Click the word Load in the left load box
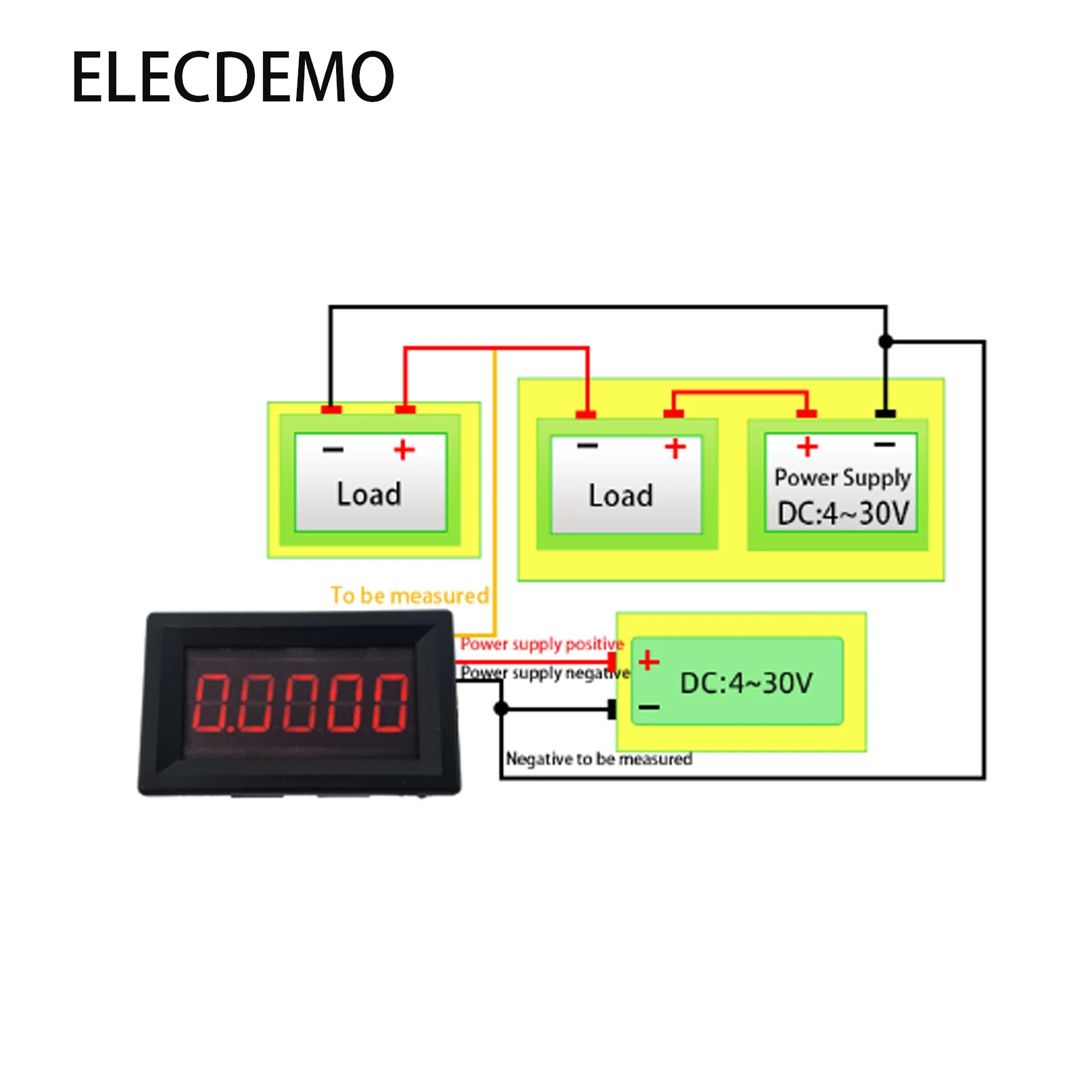pyautogui.click(x=369, y=494)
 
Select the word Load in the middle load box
pyautogui.click(x=621, y=496)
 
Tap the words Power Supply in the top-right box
pyautogui.click(x=842, y=477)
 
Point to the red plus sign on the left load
pyautogui.click(x=404, y=450)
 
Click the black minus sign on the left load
pyautogui.click(x=333, y=450)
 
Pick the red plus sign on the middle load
pyautogui.click(x=675, y=448)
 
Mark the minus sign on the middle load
pyautogui.click(x=587, y=446)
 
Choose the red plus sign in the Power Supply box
pyautogui.click(x=807, y=446)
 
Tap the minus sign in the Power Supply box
pyautogui.click(x=885, y=444)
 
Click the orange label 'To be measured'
pyautogui.click(x=409, y=595)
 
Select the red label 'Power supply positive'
pyautogui.click(x=542, y=644)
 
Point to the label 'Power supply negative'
pyautogui.click(x=545, y=673)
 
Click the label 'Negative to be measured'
pyautogui.click(x=598, y=759)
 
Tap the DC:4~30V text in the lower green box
pyautogui.click(x=746, y=683)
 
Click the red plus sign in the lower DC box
pyautogui.click(x=649, y=660)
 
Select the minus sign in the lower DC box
pyautogui.click(x=649, y=707)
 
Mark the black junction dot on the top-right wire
pyautogui.click(x=885, y=342)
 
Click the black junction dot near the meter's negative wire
pyautogui.click(x=501, y=709)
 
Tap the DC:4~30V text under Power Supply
pyautogui.click(x=843, y=513)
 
